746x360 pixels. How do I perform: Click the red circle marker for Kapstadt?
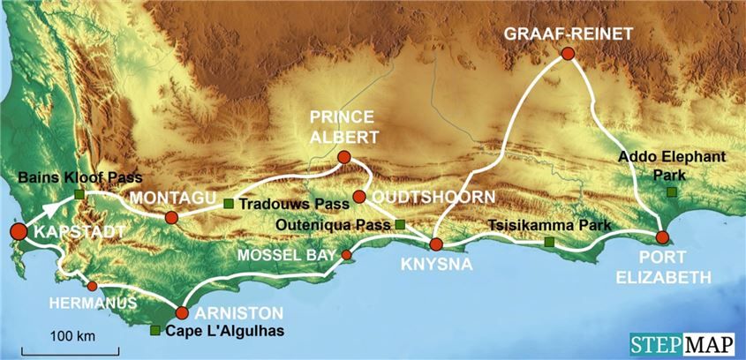(x=18, y=232)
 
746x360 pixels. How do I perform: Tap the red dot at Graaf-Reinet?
(x=569, y=54)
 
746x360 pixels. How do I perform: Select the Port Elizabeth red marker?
(x=662, y=236)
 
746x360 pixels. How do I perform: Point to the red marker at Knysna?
(x=436, y=244)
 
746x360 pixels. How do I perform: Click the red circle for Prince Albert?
(x=344, y=158)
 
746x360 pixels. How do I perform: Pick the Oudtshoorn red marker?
(x=359, y=196)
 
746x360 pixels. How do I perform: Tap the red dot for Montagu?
(x=171, y=217)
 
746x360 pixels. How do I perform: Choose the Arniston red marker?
(x=182, y=312)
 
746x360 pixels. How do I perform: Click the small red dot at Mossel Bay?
(x=346, y=255)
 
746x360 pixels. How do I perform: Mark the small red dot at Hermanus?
(x=92, y=286)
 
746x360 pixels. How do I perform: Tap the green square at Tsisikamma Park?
(x=549, y=242)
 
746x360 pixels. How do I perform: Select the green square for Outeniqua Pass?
(x=400, y=224)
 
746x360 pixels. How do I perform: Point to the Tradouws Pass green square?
(x=229, y=205)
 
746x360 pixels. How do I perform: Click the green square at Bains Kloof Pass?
(x=79, y=193)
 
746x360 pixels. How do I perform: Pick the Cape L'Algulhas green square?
(x=155, y=331)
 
